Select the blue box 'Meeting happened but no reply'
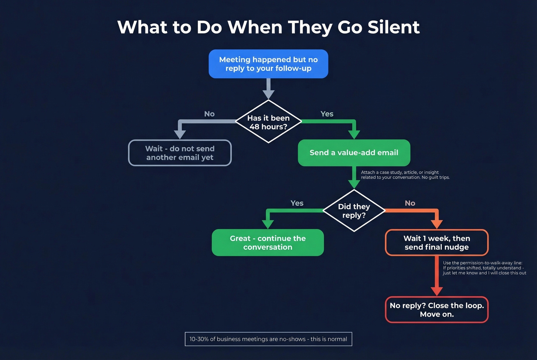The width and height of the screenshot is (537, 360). pos(268,64)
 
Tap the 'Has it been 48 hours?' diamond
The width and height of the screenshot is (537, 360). pos(268,122)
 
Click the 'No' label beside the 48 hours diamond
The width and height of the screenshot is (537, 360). pos(209,114)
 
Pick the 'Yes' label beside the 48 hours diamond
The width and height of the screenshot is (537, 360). pos(327,114)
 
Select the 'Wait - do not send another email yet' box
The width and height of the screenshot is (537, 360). pos(180,153)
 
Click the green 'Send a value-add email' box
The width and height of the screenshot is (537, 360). pos(354,153)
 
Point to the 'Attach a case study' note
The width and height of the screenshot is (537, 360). pos(405,175)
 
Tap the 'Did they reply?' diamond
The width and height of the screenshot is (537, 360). pos(354,211)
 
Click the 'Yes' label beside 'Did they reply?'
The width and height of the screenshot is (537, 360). pos(297,203)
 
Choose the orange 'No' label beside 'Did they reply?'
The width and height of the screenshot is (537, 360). pos(410,203)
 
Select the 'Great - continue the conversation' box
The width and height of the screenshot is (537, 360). pos(268,243)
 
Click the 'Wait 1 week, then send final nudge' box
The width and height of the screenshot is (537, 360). pos(437,243)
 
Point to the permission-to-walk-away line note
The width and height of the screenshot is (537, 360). pos(484,268)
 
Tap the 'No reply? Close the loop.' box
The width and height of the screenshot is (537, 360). pos(437,310)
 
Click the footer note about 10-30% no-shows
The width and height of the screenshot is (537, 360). pos(268,339)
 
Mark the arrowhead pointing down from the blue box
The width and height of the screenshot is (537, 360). pos(268,94)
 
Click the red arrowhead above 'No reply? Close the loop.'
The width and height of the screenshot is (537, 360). pos(437,291)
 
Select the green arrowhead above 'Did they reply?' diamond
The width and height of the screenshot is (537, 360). pos(354,184)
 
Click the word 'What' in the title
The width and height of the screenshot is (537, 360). pos(142,27)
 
